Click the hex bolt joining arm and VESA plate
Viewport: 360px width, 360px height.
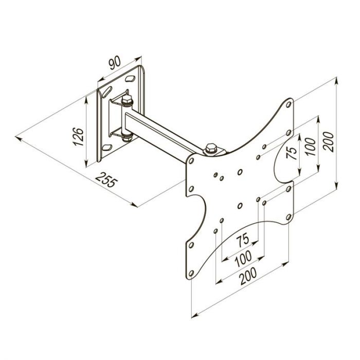(x=211, y=148)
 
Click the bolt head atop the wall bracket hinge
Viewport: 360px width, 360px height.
(x=127, y=98)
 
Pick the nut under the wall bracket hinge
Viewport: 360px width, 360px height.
(x=125, y=137)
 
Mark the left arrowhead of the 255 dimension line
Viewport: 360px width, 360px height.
(x=19, y=138)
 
